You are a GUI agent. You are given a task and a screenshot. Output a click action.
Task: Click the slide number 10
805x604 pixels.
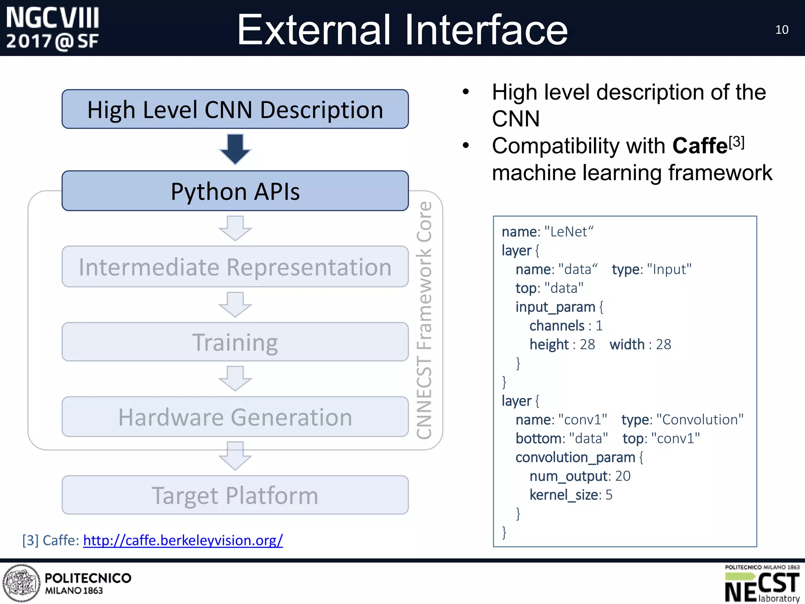(x=781, y=30)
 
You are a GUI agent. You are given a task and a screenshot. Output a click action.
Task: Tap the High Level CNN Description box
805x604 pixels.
(x=235, y=109)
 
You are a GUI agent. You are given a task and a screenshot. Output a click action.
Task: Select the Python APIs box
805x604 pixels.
(x=235, y=191)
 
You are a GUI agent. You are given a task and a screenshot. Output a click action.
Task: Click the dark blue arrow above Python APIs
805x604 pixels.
(x=235, y=149)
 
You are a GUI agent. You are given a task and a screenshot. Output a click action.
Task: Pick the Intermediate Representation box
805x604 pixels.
(x=235, y=267)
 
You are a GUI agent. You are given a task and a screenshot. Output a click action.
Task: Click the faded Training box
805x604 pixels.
(x=235, y=342)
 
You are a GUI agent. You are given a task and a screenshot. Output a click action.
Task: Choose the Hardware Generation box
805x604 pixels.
(x=235, y=417)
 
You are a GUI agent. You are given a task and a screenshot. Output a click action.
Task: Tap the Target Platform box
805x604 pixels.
(x=235, y=495)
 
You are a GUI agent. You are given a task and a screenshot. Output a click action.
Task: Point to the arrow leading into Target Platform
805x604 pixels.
(x=235, y=456)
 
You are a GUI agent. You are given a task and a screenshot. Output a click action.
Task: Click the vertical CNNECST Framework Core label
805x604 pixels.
(x=425, y=320)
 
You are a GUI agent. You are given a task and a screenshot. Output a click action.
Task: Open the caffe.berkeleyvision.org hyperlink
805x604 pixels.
(x=183, y=540)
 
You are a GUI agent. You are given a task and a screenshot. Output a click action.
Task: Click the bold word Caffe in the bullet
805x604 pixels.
(x=700, y=146)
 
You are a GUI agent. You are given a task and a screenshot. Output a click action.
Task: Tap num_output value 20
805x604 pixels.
(x=623, y=476)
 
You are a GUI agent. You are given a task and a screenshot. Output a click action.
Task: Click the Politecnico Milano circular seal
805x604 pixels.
(x=21, y=583)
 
